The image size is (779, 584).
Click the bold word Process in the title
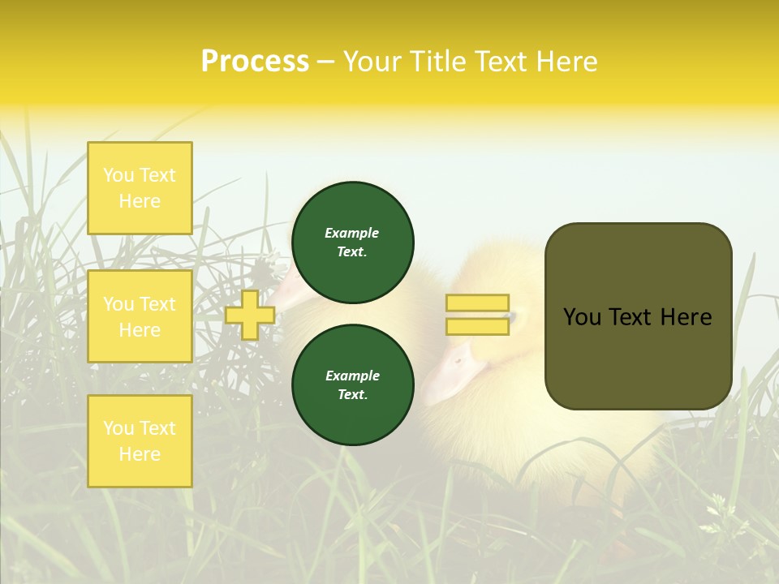pyautogui.click(x=255, y=62)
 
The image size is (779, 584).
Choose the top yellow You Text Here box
pyautogui.click(x=140, y=188)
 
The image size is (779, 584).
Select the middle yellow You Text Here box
pyautogui.click(x=140, y=316)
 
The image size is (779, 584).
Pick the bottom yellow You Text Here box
pyautogui.click(x=140, y=441)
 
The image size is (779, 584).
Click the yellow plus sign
pyautogui.click(x=250, y=315)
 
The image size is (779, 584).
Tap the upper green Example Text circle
pyautogui.click(x=352, y=242)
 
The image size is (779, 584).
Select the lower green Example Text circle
pyautogui.click(x=352, y=384)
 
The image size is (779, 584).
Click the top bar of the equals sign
pyautogui.click(x=477, y=303)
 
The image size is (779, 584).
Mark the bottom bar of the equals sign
pyautogui.click(x=477, y=326)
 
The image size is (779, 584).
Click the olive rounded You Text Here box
pyautogui.click(x=638, y=316)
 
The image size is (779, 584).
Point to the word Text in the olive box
pyautogui.click(x=632, y=317)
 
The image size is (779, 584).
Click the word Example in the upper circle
pyautogui.click(x=352, y=233)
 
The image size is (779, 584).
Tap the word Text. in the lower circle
pyautogui.click(x=352, y=394)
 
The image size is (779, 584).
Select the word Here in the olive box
pyautogui.click(x=686, y=317)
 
